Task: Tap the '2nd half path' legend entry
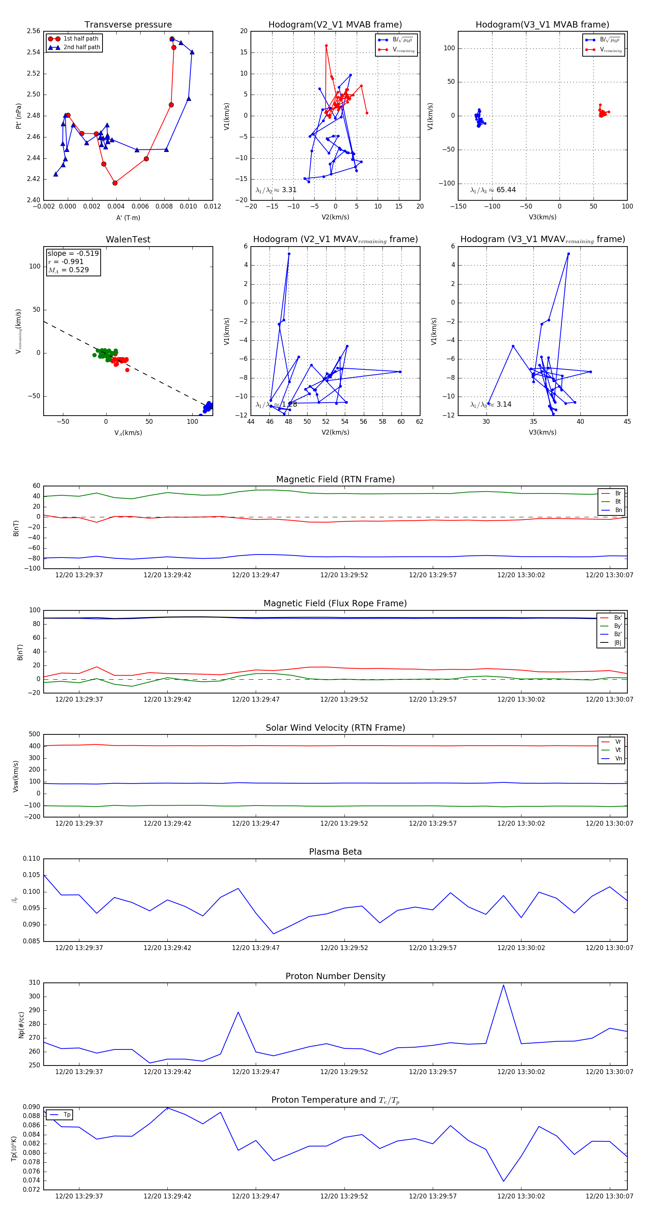coord(82,47)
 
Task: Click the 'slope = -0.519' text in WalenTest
coord(73,253)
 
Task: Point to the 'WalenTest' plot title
coord(128,239)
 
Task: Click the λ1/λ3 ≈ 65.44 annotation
coord(493,190)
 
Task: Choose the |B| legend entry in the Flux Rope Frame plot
coord(617,643)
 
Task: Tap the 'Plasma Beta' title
coord(335,852)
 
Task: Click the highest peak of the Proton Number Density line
coord(503,985)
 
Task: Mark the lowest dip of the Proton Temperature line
coord(503,1181)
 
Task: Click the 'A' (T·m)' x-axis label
coord(128,217)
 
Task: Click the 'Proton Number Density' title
coord(335,976)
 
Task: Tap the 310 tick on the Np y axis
coord(34,983)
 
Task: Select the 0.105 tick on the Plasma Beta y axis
coord(32,874)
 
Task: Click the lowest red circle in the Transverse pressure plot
coord(114,183)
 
